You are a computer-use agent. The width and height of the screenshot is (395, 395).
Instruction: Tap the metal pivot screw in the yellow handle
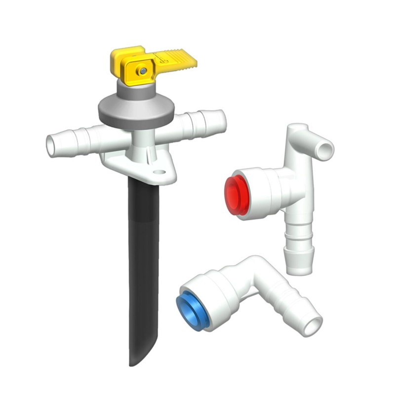[x=143, y=71]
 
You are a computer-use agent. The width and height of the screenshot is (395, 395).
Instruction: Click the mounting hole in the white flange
[x=159, y=173]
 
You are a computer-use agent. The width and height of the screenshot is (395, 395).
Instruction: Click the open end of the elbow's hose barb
[x=312, y=327]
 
